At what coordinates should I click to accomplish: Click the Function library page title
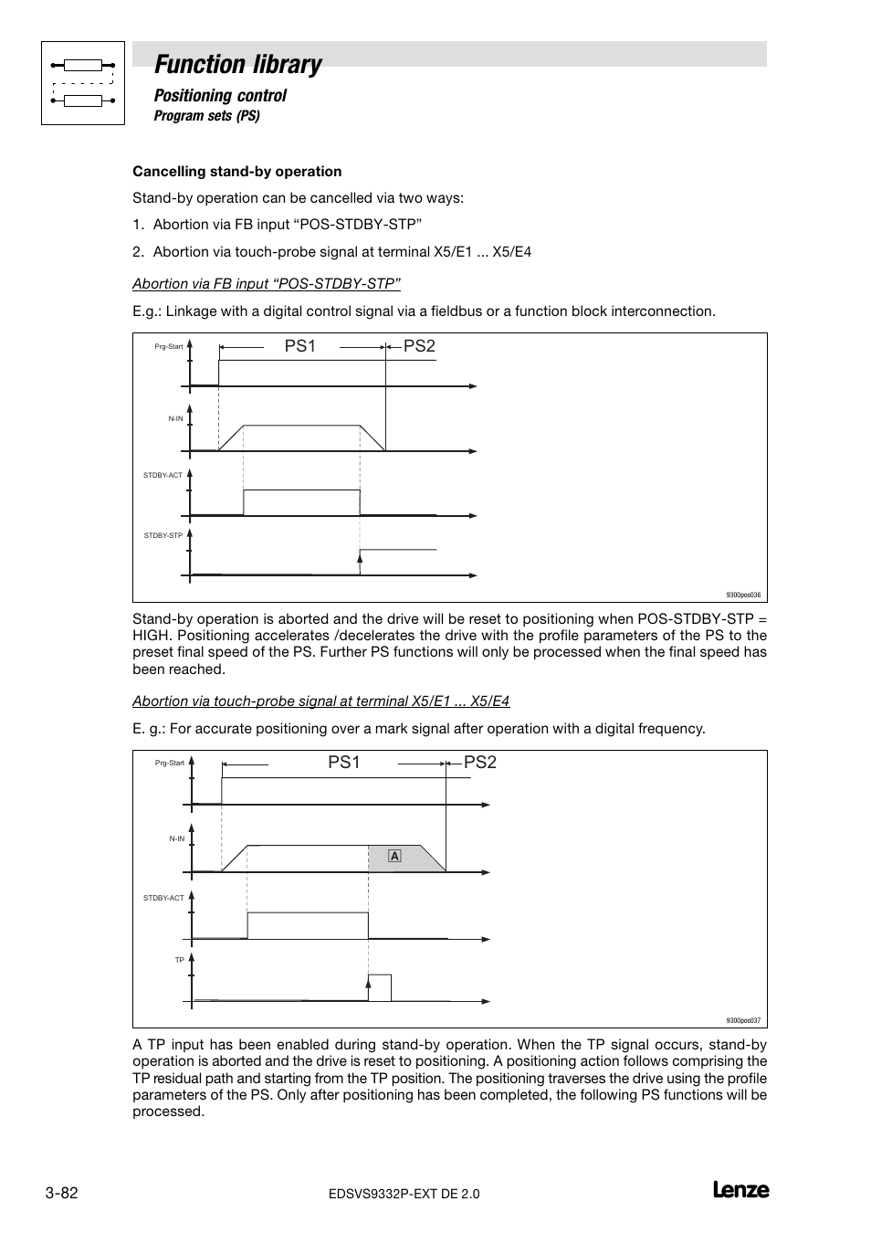point(237,64)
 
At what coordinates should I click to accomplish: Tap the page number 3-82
point(61,1194)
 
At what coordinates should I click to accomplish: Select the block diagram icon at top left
point(83,83)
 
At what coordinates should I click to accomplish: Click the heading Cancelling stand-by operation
point(236,171)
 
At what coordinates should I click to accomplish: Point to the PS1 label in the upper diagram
point(299,346)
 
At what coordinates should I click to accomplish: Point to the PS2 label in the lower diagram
point(480,762)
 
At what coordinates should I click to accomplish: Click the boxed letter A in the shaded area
point(394,856)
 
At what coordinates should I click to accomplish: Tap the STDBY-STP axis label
point(163,535)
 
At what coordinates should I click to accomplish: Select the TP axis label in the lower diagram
point(180,960)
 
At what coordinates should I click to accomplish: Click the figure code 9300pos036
point(743,595)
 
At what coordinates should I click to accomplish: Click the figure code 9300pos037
point(743,1021)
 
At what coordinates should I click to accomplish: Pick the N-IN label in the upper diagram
point(175,418)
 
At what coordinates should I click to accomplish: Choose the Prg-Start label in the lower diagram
point(170,763)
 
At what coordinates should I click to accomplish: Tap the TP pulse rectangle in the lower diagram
point(380,987)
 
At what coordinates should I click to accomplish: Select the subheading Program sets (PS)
point(206,116)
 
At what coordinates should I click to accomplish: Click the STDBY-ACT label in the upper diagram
point(163,475)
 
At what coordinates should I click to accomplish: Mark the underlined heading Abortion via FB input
point(267,283)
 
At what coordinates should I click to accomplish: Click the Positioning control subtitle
point(220,95)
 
